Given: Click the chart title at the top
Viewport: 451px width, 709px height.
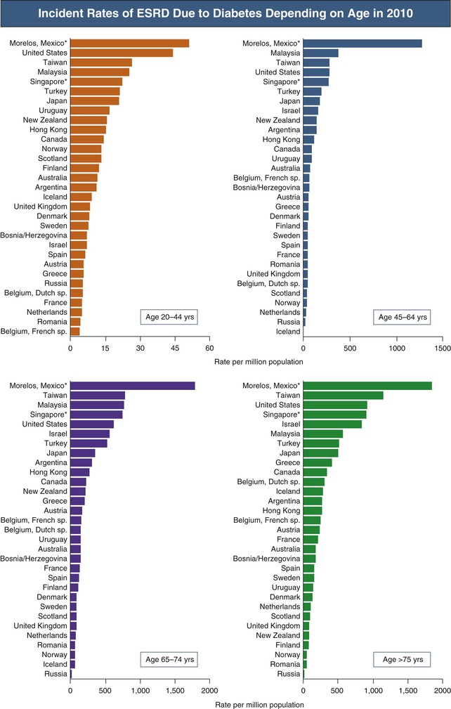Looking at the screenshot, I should tap(225, 13).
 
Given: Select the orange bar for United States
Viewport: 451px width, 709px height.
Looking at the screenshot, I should tap(122, 53).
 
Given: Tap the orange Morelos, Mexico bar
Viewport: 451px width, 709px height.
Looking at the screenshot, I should tap(129, 43).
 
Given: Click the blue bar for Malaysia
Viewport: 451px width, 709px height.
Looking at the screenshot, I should tap(320, 53).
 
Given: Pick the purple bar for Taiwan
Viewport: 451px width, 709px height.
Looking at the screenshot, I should tap(98, 396).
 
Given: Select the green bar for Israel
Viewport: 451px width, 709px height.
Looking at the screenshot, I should tap(332, 424).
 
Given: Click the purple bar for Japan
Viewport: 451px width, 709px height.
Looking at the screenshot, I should tap(83, 453).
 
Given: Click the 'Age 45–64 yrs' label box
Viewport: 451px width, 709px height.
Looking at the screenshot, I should tap(402, 318).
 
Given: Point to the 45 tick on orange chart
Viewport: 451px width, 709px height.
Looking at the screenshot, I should tap(175, 347).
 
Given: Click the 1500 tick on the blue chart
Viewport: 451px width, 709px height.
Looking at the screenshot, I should tap(442, 347).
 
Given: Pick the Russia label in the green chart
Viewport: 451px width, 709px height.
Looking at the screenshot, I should tap(289, 674).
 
